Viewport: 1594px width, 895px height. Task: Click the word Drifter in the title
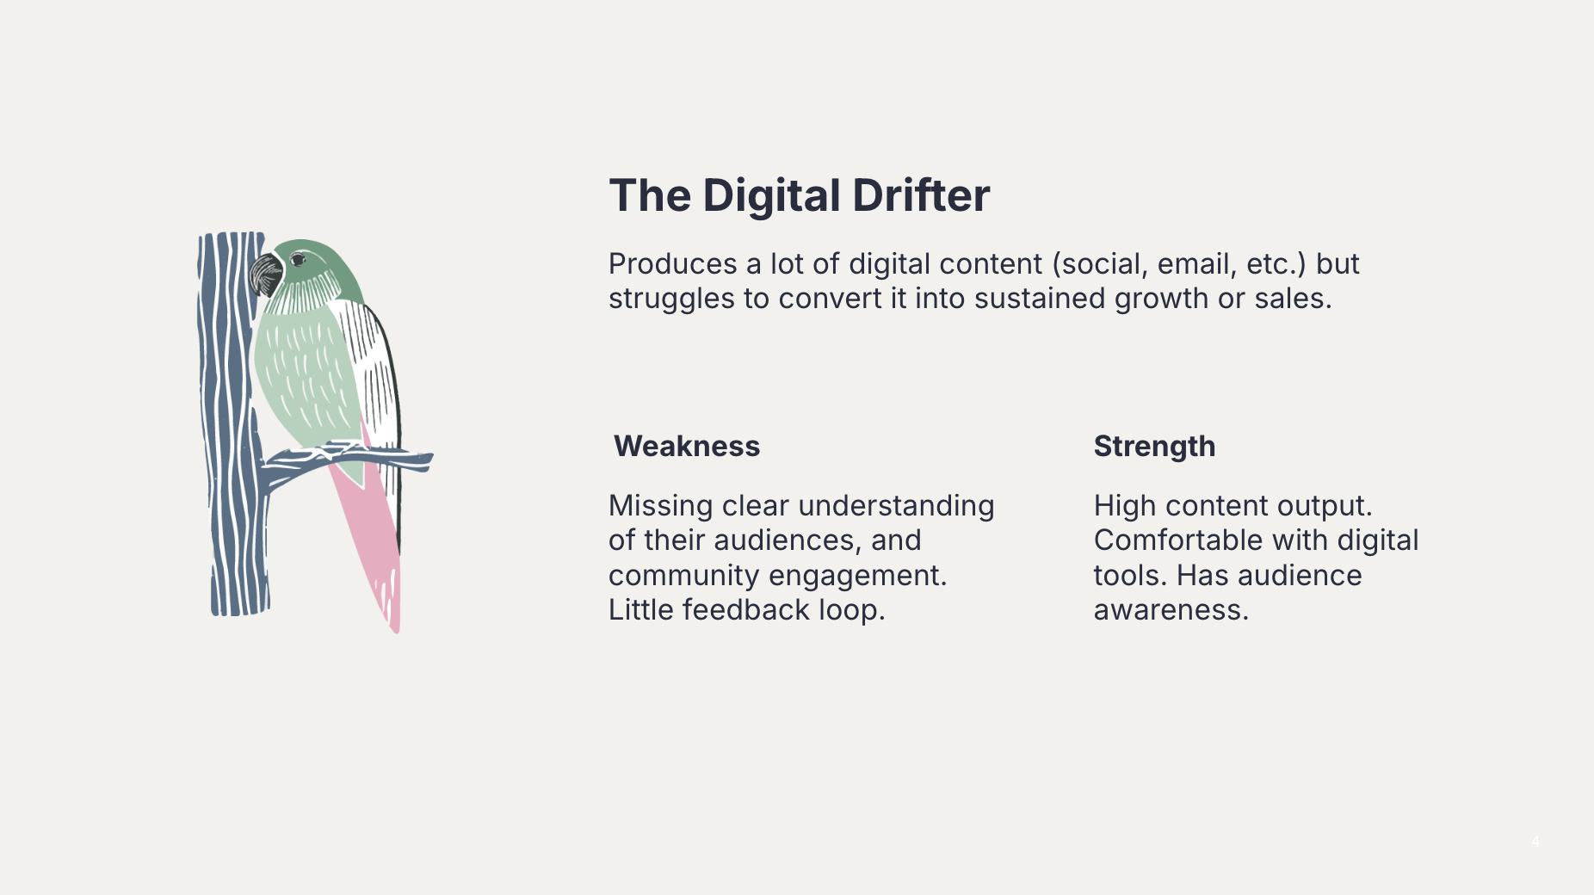point(921,195)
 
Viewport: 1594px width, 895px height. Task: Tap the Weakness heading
point(687,446)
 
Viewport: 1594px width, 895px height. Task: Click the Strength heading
point(1154,447)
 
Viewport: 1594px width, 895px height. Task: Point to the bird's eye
point(298,259)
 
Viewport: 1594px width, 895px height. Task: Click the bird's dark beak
point(265,275)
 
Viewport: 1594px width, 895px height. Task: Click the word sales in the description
point(1293,299)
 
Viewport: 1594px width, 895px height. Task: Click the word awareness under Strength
point(1171,610)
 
